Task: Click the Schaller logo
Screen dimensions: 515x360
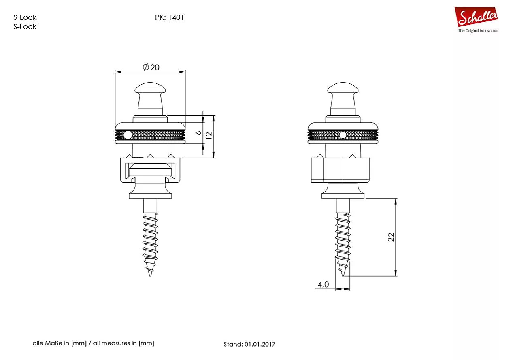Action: (476, 17)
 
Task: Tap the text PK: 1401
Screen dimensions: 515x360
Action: (170, 17)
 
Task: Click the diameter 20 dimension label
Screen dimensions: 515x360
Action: (151, 67)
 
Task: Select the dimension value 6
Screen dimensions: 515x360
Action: (199, 133)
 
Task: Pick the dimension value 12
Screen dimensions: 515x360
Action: (209, 136)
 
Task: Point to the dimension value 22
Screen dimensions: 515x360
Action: (391, 237)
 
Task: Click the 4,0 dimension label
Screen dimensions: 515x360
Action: (323, 285)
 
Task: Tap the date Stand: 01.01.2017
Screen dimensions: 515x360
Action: (249, 344)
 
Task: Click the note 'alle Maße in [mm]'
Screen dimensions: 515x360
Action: (60, 343)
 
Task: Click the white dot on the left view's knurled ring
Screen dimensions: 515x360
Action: (128, 135)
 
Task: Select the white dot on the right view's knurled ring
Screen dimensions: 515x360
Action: (343, 135)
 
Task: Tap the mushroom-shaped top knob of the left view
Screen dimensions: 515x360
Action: (150, 89)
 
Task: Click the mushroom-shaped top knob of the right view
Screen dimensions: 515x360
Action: (343, 89)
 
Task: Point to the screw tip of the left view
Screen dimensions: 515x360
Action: (150, 276)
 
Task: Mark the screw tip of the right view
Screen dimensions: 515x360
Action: (343, 276)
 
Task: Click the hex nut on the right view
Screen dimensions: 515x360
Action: (340, 170)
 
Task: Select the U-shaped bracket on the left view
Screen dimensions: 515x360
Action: (150, 170)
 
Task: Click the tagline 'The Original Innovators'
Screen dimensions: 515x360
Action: (478, 31)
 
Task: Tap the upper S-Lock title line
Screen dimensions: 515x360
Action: (25, 17)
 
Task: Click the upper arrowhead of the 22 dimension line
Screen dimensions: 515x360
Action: (396, 202)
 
